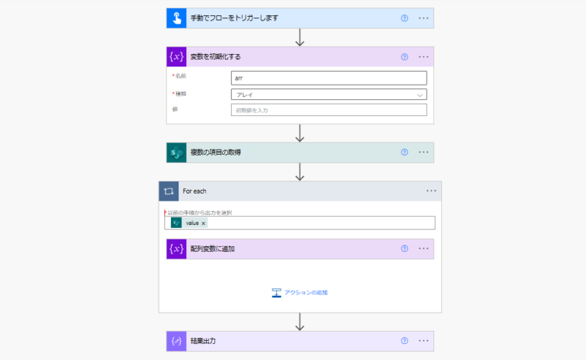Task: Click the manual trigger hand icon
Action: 176,18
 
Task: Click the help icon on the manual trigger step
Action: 404,18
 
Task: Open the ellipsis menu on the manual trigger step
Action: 423,18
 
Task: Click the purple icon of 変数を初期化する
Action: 176,56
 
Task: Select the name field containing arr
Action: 328,78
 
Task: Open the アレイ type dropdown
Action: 328,94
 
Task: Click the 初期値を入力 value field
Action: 328,110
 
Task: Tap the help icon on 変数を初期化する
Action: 404,56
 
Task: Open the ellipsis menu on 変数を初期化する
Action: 423,56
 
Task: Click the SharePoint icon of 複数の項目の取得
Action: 176,153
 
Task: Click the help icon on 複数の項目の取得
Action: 404,153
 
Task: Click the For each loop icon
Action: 169,191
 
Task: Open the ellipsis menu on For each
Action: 431,191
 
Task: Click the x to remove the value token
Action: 204,223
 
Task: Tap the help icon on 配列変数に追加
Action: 404,249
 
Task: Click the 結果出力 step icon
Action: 176,341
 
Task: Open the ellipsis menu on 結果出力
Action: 423,341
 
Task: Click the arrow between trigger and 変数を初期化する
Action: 300,37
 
